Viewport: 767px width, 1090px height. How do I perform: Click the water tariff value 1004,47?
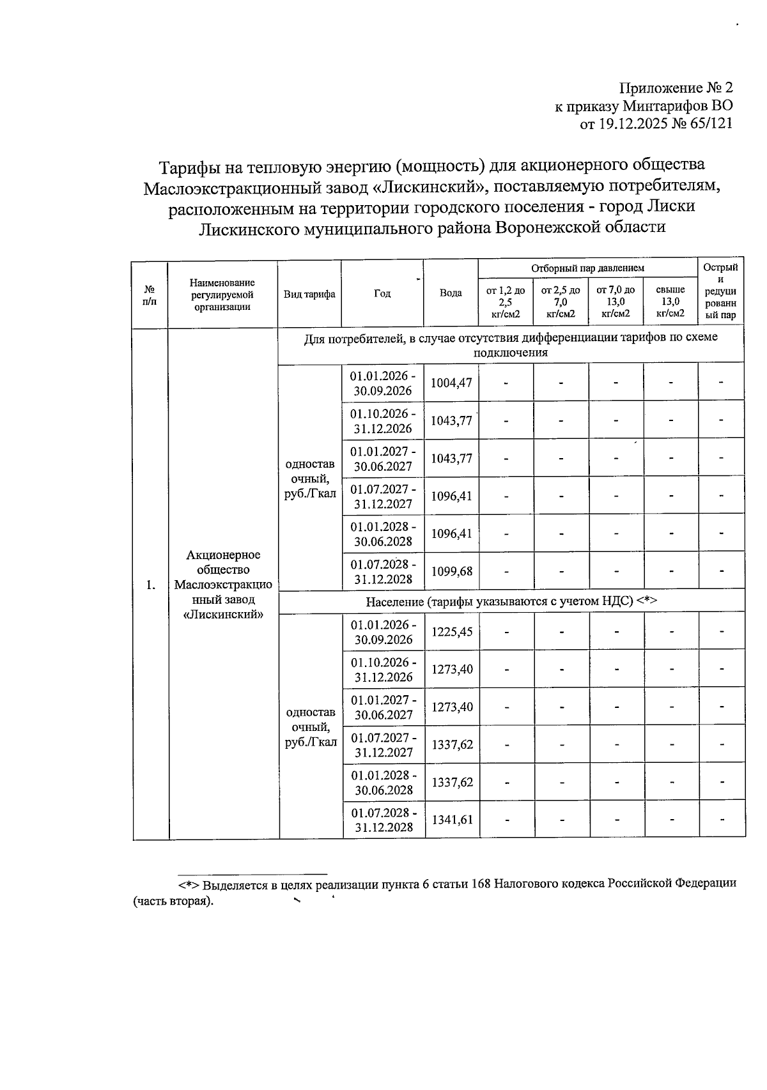tap(451, 383)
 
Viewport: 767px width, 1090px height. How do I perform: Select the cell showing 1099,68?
tap(451, 571)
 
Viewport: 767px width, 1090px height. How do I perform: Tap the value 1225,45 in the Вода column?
tap(452, 632)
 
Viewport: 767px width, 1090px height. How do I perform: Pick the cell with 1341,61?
tap(452, 820)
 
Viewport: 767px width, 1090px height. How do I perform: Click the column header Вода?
tap(451, 293)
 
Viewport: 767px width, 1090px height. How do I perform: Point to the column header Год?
tap(382, 293)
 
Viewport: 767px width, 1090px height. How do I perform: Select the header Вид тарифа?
tap(309, 294)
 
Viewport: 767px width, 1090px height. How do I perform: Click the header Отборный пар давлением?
tap(587, 268)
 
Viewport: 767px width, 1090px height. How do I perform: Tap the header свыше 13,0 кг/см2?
tap(670, 302)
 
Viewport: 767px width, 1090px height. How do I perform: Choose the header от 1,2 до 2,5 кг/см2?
tap(506, 302)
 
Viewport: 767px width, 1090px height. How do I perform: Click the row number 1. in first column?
tap(150, 585)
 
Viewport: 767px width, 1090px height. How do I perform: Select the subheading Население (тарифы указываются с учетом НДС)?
tap(511, 601)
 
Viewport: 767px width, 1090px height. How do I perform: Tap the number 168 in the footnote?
tap(480, 883)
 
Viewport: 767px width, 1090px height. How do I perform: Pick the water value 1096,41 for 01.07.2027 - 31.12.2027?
tap(451, 496)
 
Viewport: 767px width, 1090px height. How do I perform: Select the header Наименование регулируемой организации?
tap(222, 294)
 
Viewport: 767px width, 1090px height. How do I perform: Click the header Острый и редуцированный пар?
tap(720, 291)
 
